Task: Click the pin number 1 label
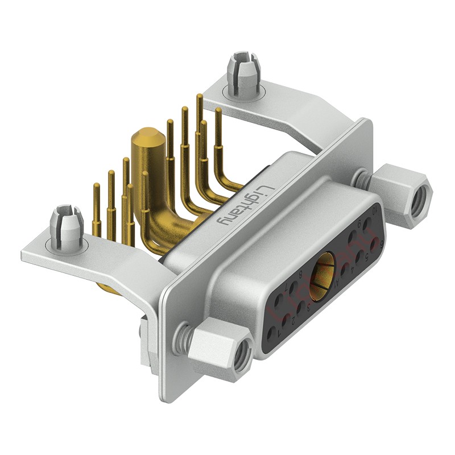point(279,334)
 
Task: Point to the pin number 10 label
point(375,211)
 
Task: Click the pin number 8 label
point(301,274)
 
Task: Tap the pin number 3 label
point(309,307)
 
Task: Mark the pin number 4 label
point(353,270)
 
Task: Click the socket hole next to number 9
point(353,237)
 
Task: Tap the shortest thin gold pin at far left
point(97,188)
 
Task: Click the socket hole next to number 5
point(359,256)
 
